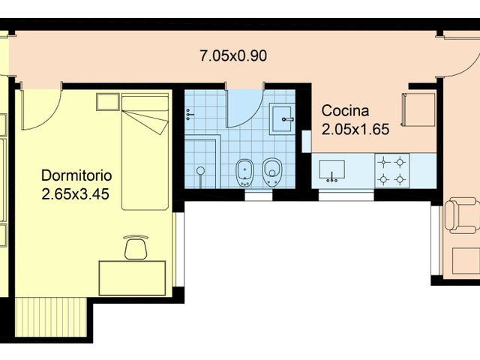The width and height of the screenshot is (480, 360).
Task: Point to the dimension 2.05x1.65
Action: point(355,129)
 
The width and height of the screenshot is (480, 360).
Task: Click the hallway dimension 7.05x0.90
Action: point(233,55)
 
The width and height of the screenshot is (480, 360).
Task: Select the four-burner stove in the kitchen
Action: point(392,170)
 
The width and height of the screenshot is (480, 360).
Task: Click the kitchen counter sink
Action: point(330,171)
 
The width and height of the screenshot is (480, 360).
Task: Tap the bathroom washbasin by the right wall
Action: point(283,115)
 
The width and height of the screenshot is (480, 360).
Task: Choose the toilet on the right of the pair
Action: point(271,173)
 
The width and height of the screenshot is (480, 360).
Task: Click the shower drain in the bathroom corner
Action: point(200,172)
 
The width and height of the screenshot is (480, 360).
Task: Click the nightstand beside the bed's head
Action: point(106,102)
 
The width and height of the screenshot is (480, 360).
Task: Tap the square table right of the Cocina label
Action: point(419,109)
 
